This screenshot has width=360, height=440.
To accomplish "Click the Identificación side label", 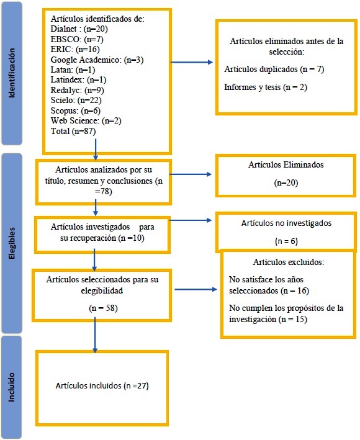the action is (12, 73).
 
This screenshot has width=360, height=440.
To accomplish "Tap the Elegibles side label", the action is (12, 243).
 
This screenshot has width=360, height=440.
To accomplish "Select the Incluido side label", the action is (12, 387).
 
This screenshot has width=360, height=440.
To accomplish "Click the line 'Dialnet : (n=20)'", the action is (79, 29).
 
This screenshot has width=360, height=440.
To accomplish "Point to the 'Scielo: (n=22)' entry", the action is (76, 100).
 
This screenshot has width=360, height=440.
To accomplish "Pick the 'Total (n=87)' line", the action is (73, 131).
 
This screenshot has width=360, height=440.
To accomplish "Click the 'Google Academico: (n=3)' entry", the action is (97, 60).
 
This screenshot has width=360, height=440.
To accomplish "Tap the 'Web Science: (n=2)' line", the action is (86, 120).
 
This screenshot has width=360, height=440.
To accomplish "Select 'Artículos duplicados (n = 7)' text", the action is (274, 69).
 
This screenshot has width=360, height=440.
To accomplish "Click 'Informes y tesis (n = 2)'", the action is (266, 88).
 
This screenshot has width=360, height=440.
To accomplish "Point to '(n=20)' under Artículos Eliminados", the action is (286, 182).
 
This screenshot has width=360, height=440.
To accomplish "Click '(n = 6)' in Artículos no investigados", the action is (286, 241).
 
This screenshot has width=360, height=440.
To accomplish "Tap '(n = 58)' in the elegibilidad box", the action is (103, 308).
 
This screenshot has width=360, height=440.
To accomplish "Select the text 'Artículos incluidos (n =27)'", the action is (102, 385).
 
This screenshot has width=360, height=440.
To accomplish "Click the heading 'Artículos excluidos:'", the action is (289, 262).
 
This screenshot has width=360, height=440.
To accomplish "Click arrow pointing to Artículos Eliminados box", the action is (191, 174).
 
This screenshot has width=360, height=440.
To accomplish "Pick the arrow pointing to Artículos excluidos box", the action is (196, 289).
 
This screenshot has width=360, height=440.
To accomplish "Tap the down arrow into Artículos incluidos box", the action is (95, 334).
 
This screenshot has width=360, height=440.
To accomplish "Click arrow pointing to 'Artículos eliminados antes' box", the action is (192, 62).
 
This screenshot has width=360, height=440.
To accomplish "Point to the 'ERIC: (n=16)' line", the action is (75, 50).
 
